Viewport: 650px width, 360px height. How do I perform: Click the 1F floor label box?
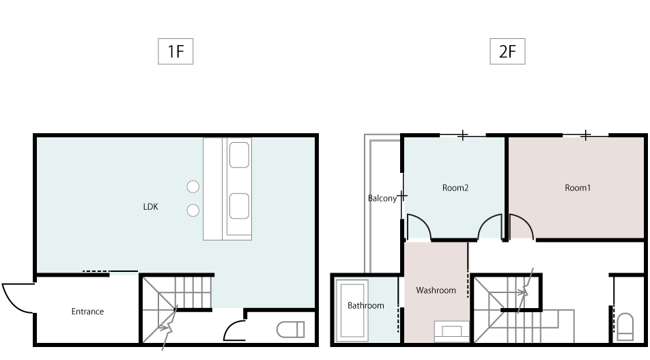coord(175,51)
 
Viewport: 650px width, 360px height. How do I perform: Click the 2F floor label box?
coord(507,51)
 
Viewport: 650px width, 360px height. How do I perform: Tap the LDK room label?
coord(150,206)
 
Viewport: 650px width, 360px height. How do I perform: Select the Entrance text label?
coord(87,311)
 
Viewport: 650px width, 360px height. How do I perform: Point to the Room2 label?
coord(455,188)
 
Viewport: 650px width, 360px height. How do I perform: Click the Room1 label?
coord(578,188)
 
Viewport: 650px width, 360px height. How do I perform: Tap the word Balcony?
coord(382,199)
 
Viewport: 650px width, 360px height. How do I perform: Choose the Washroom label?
coord(436,290)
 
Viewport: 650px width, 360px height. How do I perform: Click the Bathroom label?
coord(366,305)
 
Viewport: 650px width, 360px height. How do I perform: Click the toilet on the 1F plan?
coord(291,330)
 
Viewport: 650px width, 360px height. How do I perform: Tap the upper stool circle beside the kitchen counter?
coord(193,186)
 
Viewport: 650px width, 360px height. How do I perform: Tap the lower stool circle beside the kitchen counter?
coord(193,210)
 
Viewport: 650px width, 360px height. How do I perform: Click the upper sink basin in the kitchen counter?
coord(239,155)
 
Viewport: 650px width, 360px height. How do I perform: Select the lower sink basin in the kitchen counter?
coord(239,206)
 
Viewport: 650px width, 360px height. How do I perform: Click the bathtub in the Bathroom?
coord(352,310)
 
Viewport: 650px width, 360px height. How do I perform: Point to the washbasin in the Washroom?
coord(452,331)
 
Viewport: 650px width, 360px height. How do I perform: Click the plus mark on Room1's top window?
coord(585,135)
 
